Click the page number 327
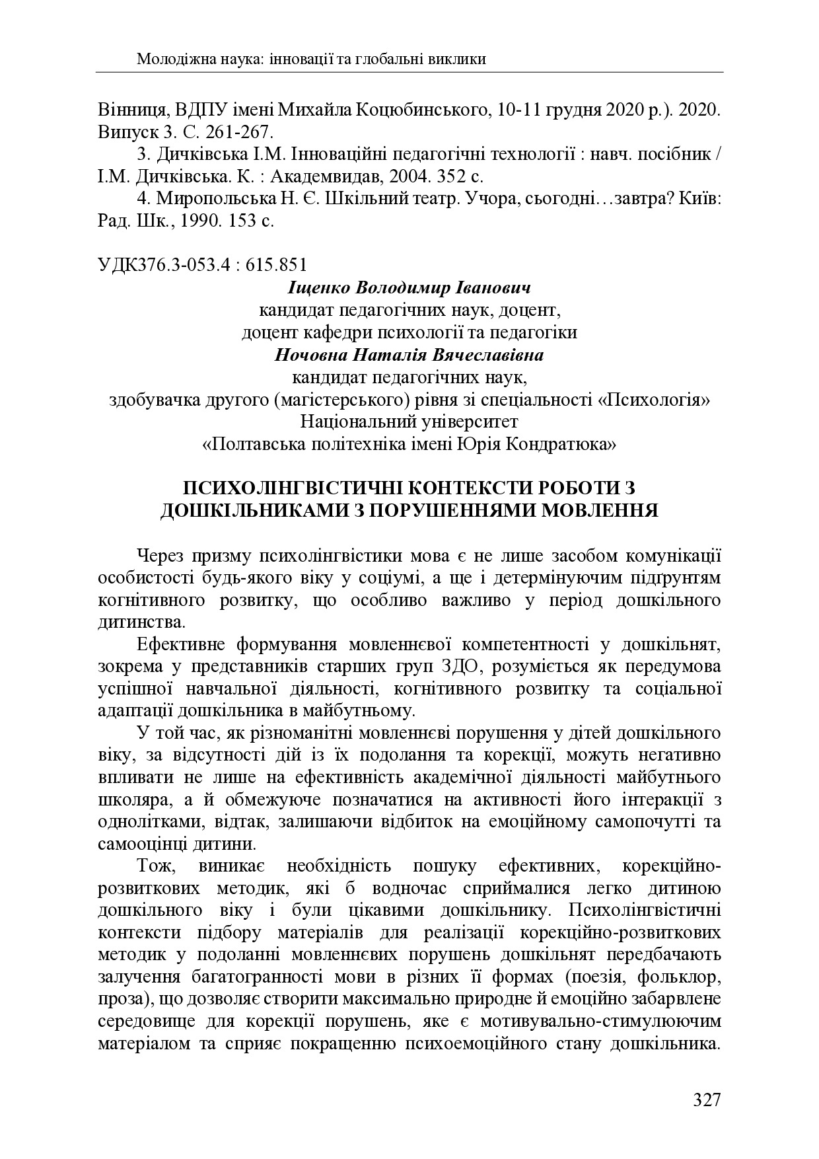pyautogui.click(x=706, y=1101)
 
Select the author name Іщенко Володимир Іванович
pyautogui.click(x=409, y=288)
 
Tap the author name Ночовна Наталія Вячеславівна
pyautogui.click(x=409, y=355)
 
